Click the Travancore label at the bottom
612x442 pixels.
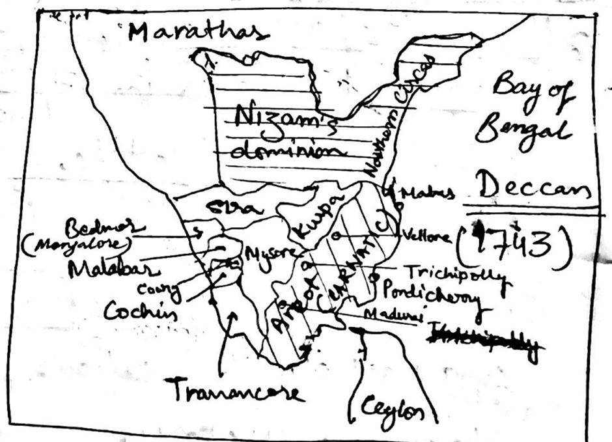(x=238, y=391)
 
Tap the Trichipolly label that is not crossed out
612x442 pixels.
(x=454, y=273)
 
